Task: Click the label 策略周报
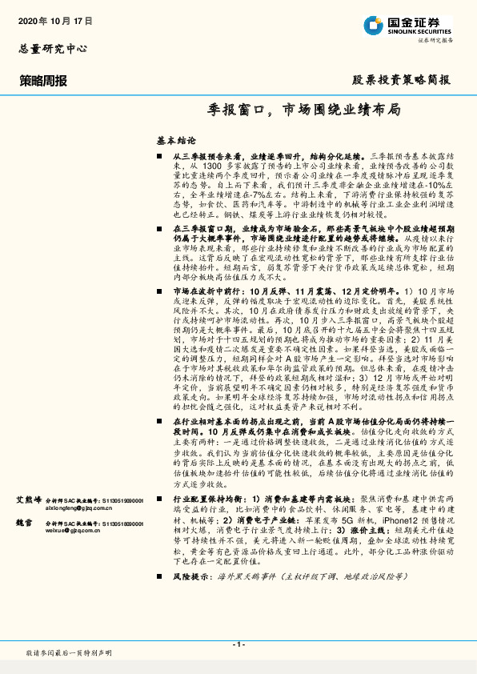pyautogui.click(x=43, y=80)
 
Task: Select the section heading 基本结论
pyautogui.click(x=174, y=139)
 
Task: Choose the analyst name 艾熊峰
pyautogui.click(x=29, y=499)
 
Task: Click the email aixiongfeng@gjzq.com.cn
pyautogui.click(x=49, y=508)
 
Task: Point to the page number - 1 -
pyautogui.click(x=238, y=644)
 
